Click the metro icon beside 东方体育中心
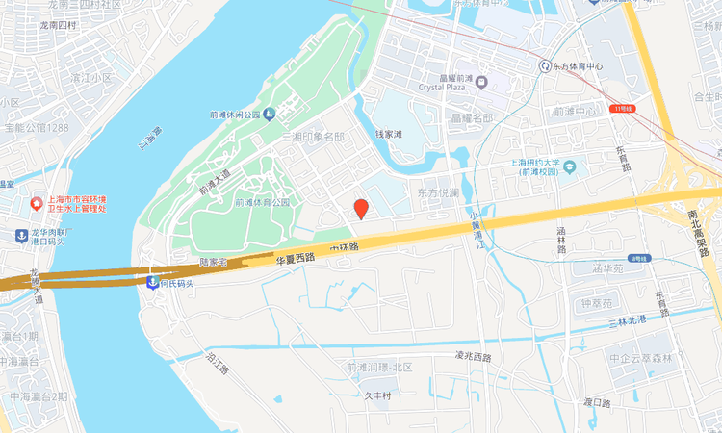tap(545, 66)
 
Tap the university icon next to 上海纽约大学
tap(571, 167)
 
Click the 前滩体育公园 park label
tap(263, 203)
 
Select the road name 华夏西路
tap(296, 258)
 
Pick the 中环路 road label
tap(343, 248)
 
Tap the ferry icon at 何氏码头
tap(152, 282)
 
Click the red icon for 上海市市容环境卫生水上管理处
tap(37, 204)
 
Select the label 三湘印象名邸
tap(312, 137)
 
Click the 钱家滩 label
tap(388, 134)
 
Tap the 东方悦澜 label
tap(438, 193)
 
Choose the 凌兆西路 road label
tap(473, 356)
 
